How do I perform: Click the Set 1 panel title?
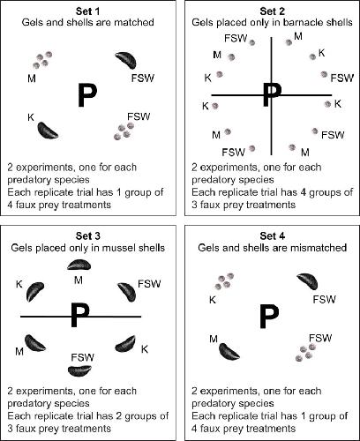[x=87, y=11]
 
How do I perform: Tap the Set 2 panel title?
[x=272, y=11]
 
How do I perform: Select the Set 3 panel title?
[x=87, y=235]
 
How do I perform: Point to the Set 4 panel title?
[x=272, y=235]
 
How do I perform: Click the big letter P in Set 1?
[x=87, y=95]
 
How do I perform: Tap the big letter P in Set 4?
[x=269, y=317]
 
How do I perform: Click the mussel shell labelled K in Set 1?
[x=48, y=131]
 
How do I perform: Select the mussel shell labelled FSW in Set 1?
[x=126, y=60]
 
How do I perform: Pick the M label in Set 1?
[x=32, y=78]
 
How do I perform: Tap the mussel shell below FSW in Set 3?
[x=79, y=370]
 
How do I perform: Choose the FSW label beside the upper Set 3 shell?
[x=149, y=284]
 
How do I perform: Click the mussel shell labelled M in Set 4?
[x=229, y=352]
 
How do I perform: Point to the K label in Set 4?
[x=213, y=300]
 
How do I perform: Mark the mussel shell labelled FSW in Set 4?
[x=307, y=281]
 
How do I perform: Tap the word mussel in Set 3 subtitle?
[x=115, y=248]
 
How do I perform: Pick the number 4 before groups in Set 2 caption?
[x=315, y=192]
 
